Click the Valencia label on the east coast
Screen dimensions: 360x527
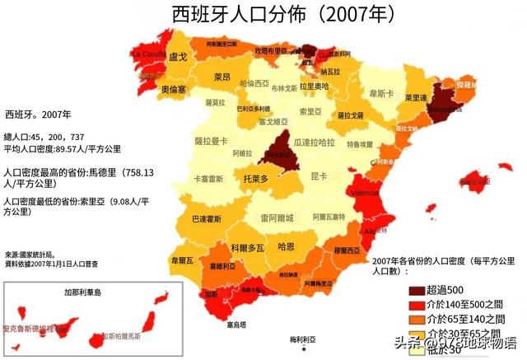click(x=366, y=192)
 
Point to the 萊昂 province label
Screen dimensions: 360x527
click(x=222, y=77)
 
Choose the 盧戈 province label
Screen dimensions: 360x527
click(x=178, y=58)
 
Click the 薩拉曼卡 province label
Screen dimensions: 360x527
click(x=210, y=142)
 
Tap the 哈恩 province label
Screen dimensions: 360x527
click(x=287, y=246)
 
